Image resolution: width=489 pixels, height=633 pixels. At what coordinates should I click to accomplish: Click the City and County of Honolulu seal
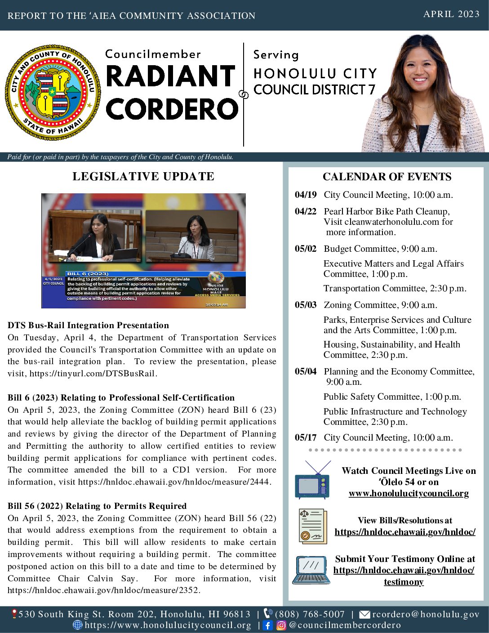coord(53,92)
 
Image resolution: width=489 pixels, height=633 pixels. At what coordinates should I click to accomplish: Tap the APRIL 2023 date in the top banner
coord(451,14)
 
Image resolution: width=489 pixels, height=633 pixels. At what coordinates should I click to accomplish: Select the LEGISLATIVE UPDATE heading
coord(143,176)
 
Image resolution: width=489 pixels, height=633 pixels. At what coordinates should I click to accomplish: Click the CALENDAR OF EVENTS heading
coord(387,177)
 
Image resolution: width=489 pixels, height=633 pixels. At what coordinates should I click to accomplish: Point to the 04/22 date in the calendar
coord(306,211)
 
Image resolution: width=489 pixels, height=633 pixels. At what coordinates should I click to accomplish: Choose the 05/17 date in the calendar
coord(306,437)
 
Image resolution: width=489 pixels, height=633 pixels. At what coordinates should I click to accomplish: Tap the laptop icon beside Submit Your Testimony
coord(311,570)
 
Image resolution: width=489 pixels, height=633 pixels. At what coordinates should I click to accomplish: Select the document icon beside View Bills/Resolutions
coord(312,526)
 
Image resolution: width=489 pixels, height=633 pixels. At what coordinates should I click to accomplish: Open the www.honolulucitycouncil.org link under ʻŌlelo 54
coord(409,493)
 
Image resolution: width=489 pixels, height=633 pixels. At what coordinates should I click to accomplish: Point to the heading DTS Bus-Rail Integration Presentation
coord(88,325)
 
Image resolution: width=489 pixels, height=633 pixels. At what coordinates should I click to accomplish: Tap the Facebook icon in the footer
coord(267,625)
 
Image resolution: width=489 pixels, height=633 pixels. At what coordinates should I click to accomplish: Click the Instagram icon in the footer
coord(281,625)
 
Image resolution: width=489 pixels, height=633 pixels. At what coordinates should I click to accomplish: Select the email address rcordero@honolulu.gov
coord(426,614)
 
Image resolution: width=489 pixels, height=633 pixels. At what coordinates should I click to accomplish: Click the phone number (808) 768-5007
coord(310,614)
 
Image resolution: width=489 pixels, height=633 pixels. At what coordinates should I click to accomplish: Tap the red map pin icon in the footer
coord(14,614)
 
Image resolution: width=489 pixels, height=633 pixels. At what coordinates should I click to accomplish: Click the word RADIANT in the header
coord(171,76)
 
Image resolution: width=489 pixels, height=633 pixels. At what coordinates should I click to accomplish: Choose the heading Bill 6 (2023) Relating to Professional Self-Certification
coord(121,397)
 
